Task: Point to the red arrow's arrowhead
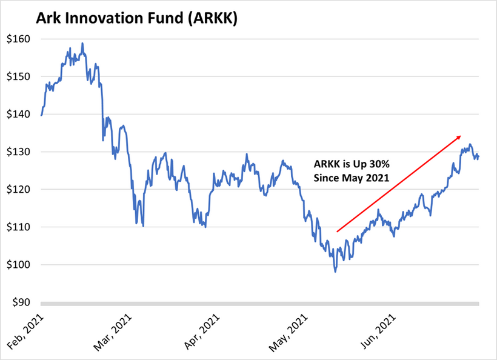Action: pyautogui.click(x=459, y=136)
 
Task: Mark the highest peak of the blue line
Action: pyautogui.click(x=82, y=43)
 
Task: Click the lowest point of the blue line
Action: pyautogui.click(x=335, y=272)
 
